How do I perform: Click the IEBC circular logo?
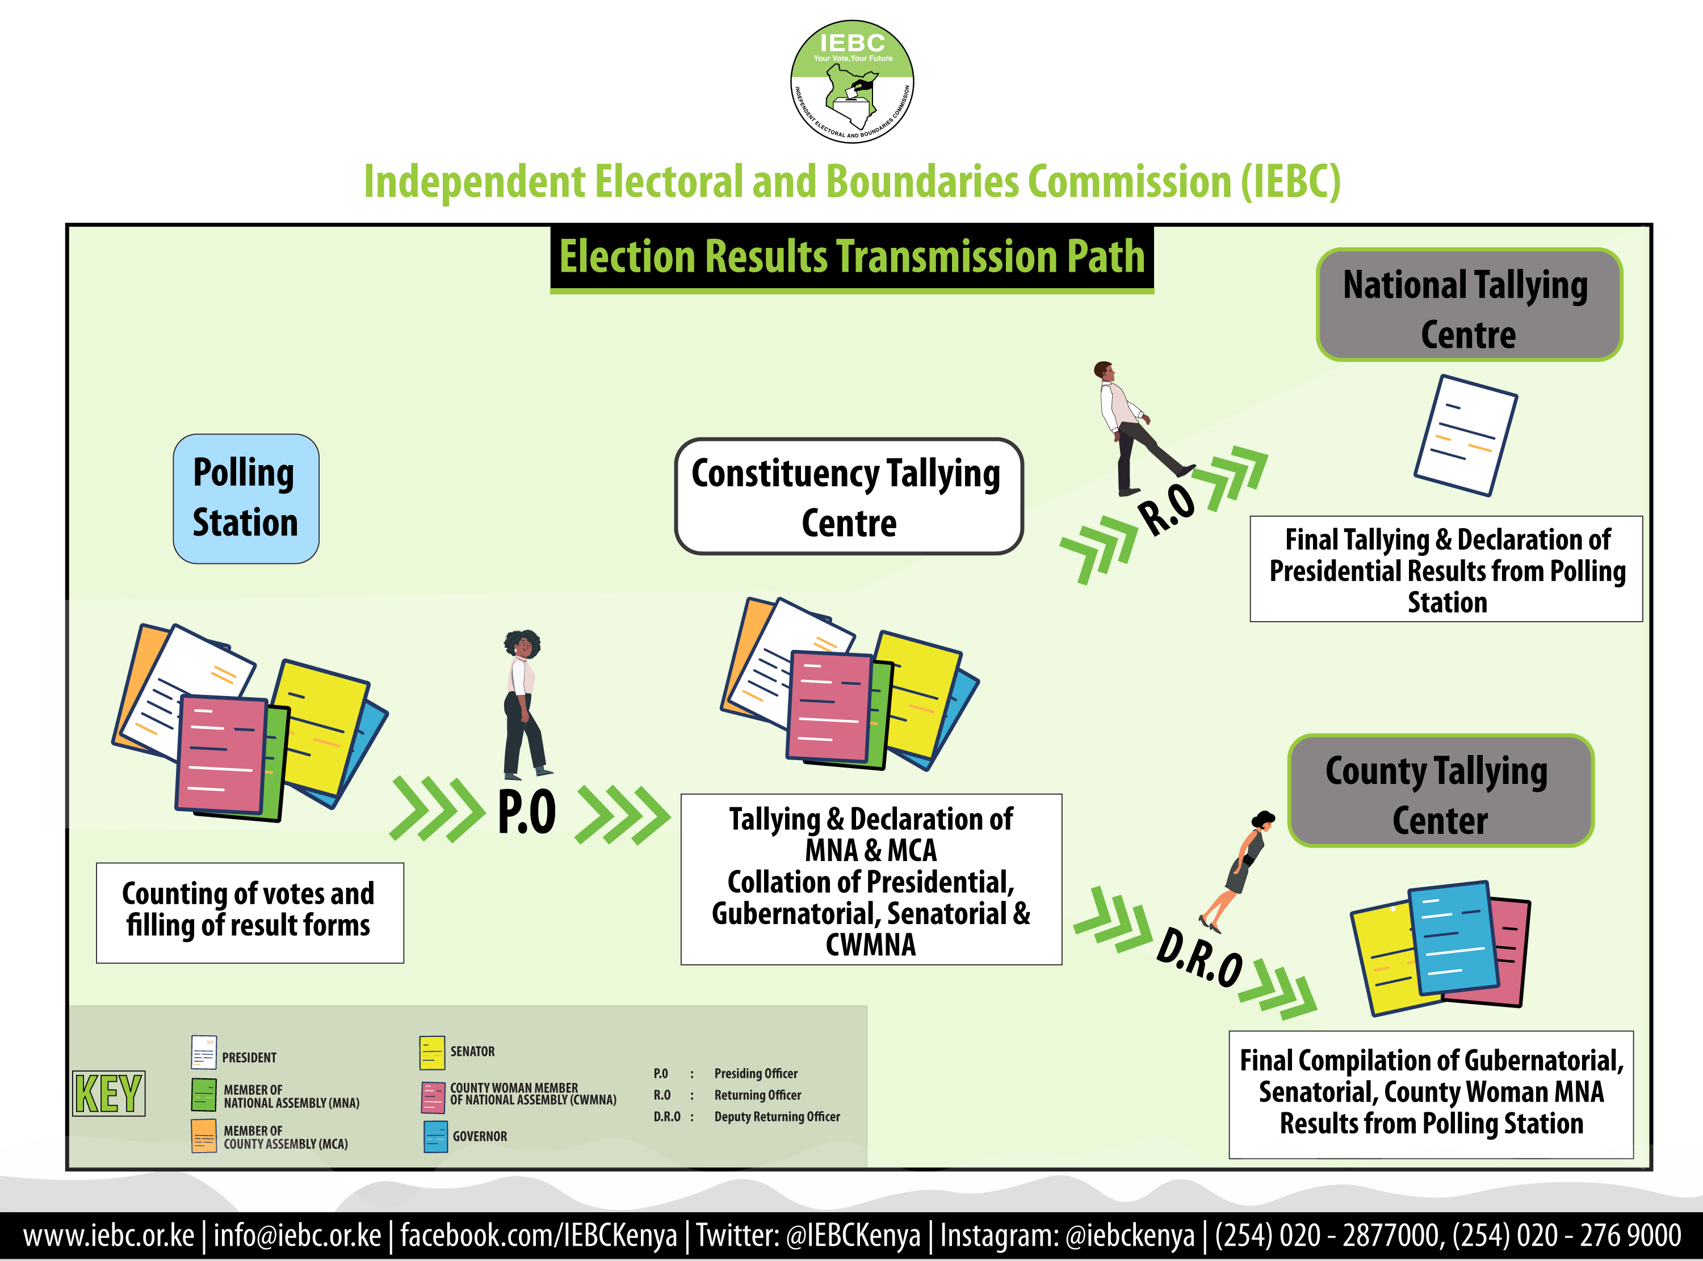point(851,82)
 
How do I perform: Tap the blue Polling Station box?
point(246,499)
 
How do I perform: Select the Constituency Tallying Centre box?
point(849,496)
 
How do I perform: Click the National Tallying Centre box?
point(1469,305)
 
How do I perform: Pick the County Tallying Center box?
point(1440,791)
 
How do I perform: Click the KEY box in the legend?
point(108,1093)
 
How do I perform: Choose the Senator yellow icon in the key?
point(432,1053)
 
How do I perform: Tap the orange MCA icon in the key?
point(204,1136)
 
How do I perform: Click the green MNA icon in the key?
point(204,1095)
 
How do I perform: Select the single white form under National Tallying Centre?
point(1466,435)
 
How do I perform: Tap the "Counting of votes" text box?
point(250,913)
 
